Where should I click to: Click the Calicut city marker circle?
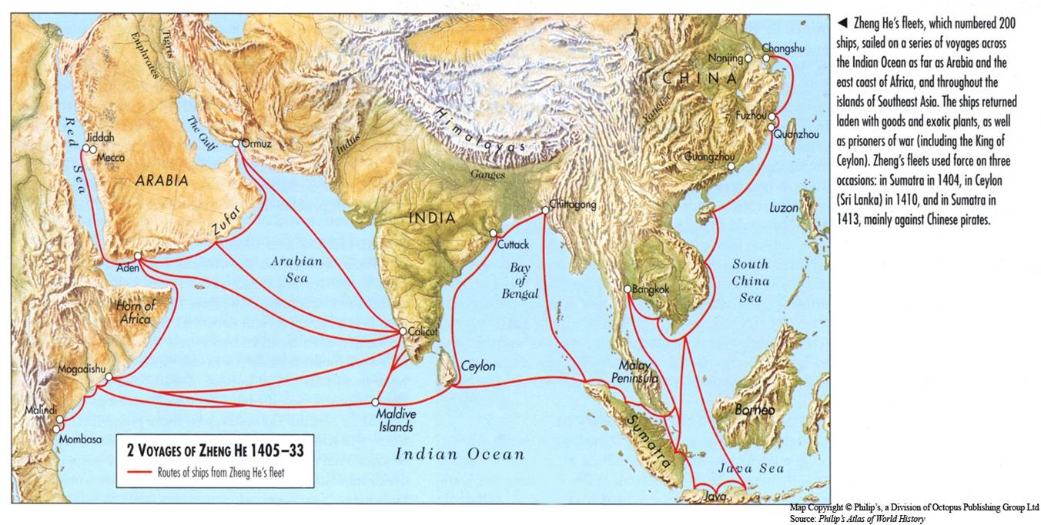pyautogui.click(x=402, y=332)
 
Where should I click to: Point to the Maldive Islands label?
pyautogui.click(x=394, y=420)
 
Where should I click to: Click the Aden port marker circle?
pyautogui.click(x=138, y=256)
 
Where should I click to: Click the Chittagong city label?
pyautogui.click(x=574, y=206)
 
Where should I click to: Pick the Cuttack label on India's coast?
pyautogui.click(x=513, y=244)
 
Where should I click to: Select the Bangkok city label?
pyautogui.click(x=651, y=289)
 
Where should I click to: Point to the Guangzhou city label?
pyautogui.click(x=705, y=156)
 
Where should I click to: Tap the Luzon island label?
pyautogui.click(x=784, y=208)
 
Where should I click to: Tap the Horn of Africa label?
pyautogui.click(x=135, y=312)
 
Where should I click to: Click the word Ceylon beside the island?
pyautogui.click(x=478, y=366)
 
